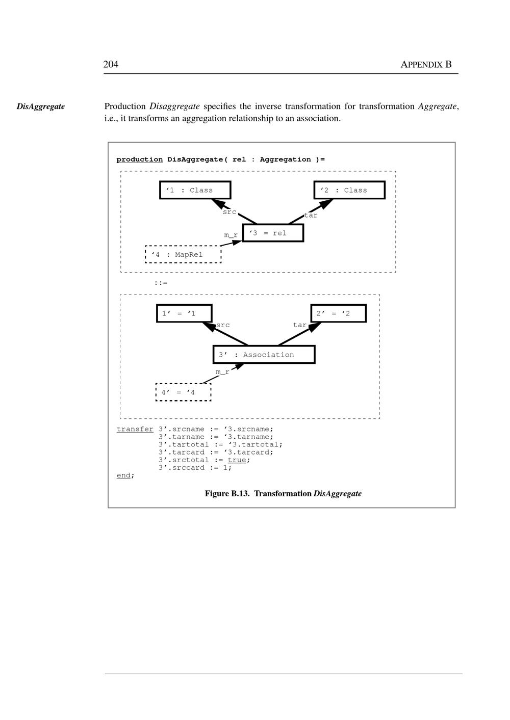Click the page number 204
(111, 64)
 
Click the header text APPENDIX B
(426, 64)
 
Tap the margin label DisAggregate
(41, 106)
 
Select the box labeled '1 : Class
(195, 190)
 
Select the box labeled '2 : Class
(349, 190)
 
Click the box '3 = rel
(273, 233)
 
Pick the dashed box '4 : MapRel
(183, 254)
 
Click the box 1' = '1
(184, 313)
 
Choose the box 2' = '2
(338, 313)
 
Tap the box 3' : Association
(264, 355)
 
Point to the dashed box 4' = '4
(183, 392)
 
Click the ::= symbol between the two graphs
(161, 283)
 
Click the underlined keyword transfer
(135, 429)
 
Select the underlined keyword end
(124, 475)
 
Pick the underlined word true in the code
(237, 460)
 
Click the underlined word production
(139, 159)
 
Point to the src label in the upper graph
(229, 212)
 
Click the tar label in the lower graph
(299, 325)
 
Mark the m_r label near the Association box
(222, 372)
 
